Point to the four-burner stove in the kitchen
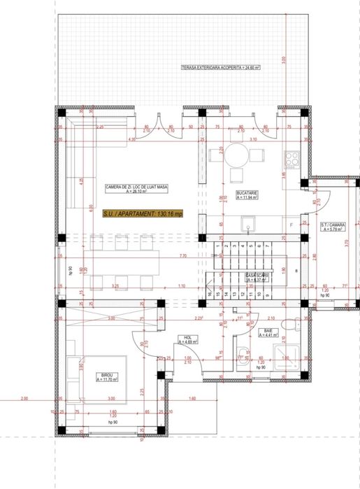[x=292, y=158]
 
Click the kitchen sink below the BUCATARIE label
[x=249, y=224]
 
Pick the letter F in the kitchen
[x=291, y=225]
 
